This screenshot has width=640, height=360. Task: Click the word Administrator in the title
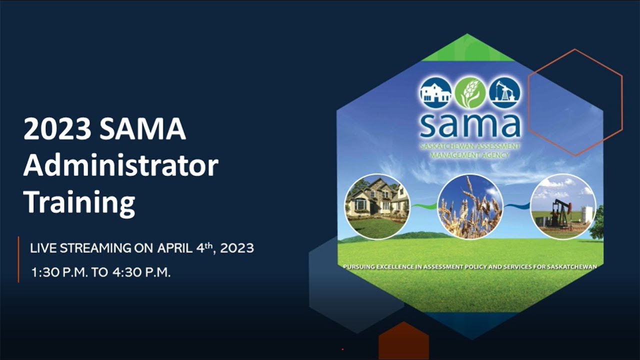121,166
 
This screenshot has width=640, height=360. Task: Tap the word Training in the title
79,202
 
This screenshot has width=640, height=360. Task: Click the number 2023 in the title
57,130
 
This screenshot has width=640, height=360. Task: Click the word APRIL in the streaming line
175,247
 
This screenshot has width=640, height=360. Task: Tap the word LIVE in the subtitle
41,247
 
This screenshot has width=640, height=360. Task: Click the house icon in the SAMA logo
435,92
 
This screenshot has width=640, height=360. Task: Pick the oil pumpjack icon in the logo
504,92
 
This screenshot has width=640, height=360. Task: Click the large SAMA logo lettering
470,125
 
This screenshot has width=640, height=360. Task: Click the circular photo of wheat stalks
470,206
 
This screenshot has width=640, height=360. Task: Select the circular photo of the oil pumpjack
563,206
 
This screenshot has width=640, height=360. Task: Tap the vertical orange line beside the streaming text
18,259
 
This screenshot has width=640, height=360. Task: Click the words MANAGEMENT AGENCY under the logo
470,155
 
